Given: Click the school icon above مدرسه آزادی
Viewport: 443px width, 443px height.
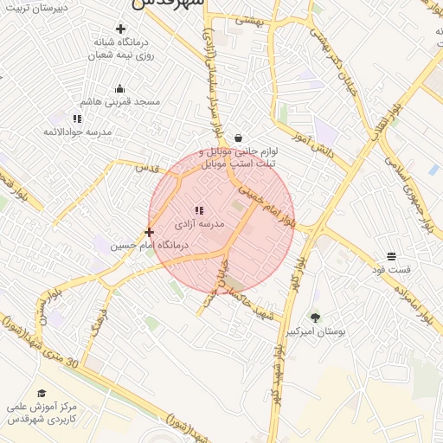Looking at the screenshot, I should coord(199,210).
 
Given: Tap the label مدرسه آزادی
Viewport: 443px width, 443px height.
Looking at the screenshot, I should coord(200,224).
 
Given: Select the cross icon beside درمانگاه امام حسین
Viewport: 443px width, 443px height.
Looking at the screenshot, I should coord(150,232).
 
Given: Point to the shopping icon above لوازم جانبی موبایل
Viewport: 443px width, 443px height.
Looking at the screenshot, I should coord(238,138).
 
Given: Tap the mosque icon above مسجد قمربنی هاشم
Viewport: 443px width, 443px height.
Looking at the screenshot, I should coord(119,88).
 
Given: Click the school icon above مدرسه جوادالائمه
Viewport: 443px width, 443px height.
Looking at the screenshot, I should coord(77,119).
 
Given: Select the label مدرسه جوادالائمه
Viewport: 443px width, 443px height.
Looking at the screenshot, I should coord(77,132).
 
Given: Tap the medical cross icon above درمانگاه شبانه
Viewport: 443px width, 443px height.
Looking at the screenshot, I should coord(119,29).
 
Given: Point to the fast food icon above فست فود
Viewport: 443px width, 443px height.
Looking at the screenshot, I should coord(392,256).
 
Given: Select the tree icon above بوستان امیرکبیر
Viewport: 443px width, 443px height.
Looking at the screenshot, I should coord(315,318).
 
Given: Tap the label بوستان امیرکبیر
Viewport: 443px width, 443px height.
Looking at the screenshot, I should coord(315,331).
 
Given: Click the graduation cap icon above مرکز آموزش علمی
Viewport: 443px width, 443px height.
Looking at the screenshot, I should coord(42,394).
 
